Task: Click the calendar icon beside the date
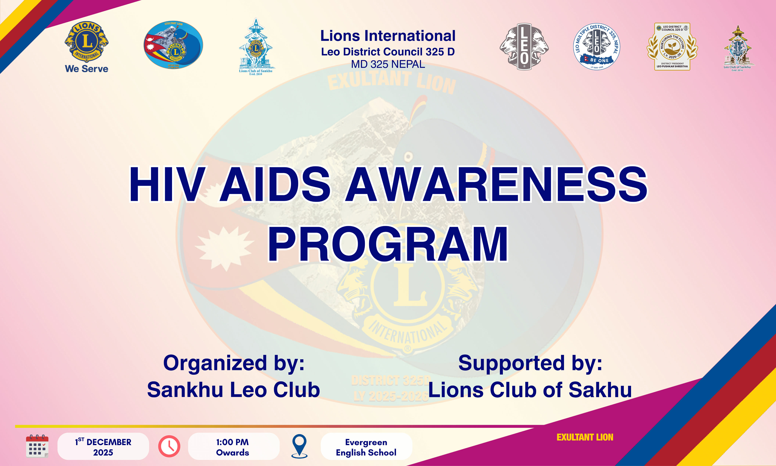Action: point(37,446)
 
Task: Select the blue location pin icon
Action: point(300,446)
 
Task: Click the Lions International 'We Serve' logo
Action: point(87,46)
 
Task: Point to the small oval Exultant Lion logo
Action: point(173,45)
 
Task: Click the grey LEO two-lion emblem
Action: point(524,46)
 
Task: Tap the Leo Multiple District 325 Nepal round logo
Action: point(597,46)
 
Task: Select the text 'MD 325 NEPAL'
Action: point(388,64)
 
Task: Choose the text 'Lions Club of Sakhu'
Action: point(530,390)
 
